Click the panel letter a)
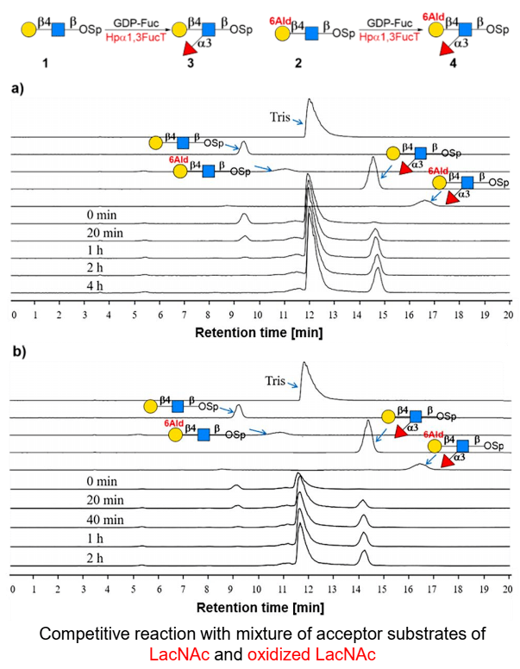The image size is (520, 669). (18, 88)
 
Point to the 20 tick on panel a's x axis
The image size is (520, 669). (510, 316)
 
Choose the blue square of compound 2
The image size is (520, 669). (318, 34)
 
